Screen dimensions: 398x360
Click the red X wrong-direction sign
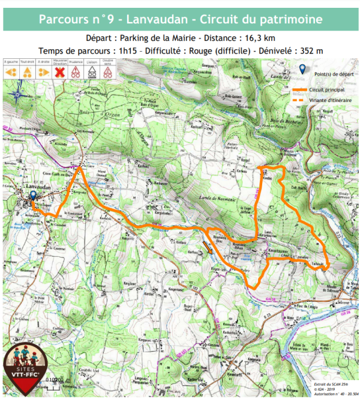pos(59,72)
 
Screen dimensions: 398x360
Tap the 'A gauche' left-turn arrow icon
pos(10,72)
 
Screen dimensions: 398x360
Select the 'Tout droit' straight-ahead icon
pos(26,72)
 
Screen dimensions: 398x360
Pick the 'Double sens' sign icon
pos(108,72)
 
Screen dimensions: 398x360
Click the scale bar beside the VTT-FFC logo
pos(56,379)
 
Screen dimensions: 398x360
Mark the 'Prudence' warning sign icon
pos(76,72)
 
